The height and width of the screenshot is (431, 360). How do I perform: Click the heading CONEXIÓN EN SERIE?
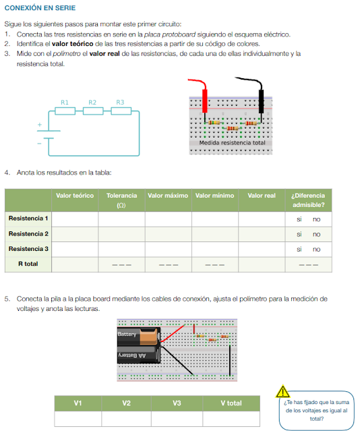click(x=40, y=7)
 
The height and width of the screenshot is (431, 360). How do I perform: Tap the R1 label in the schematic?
click(x=65, y=103)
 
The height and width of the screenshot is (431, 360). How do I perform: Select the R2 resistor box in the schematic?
click(x=93, y=111)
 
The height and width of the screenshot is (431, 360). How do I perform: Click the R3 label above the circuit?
click(x=120, y=103)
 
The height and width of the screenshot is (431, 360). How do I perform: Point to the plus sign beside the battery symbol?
click(x=40, y=125)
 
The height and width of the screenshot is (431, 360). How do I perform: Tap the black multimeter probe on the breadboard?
click(x=261, y=101)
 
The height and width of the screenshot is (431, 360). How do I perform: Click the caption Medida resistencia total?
click(x=232, y=143)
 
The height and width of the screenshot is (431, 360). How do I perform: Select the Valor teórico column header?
click(x=75, y=196)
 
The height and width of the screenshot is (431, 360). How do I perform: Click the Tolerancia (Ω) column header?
click(x=121, y=200)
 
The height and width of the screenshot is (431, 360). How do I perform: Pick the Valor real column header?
click(x=262, y=196)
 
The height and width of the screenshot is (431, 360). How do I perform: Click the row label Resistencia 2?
click(x=28, y=233)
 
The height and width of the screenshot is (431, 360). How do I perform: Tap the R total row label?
click(x=28, y=264)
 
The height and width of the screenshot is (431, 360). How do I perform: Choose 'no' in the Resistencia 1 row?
click(x=316, y=219)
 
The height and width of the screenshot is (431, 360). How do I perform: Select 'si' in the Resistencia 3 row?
click(x=299, y=250)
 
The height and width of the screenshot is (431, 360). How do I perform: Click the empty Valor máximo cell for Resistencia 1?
click(x=169, y=219)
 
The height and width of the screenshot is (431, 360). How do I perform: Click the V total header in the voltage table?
click(x=231, y=403)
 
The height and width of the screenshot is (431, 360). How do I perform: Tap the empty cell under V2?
click(x=126, y=419)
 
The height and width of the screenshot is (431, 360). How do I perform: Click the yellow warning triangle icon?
click(x=282, y=391)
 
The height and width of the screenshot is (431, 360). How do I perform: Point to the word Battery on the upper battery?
click(x=127, y=334)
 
